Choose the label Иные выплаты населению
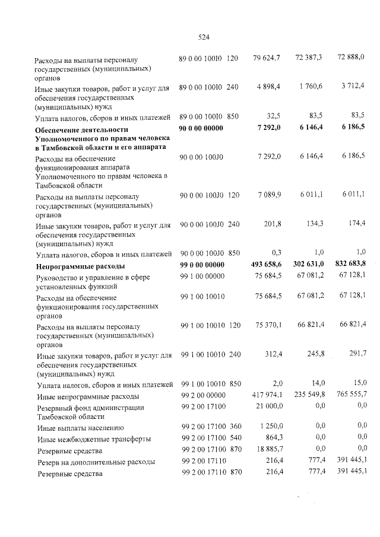pyautogui.click(x=80, y=427)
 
